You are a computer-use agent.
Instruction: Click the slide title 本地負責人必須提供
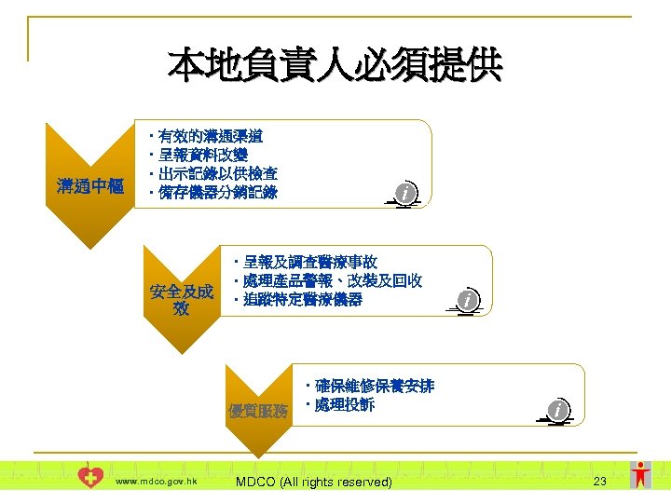tap(335, 67)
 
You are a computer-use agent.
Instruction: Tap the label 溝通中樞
tap(90, 186)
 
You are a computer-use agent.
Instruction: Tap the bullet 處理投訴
tap(344, 405)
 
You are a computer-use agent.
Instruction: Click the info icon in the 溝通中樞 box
tap(404, 193)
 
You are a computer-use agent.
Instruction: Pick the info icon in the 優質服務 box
tap(557, 410)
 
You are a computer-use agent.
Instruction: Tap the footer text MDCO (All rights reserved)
tap(313, 482)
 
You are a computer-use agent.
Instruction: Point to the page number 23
tap(599, 481)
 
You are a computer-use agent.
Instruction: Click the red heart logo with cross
tap(91, 478)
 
